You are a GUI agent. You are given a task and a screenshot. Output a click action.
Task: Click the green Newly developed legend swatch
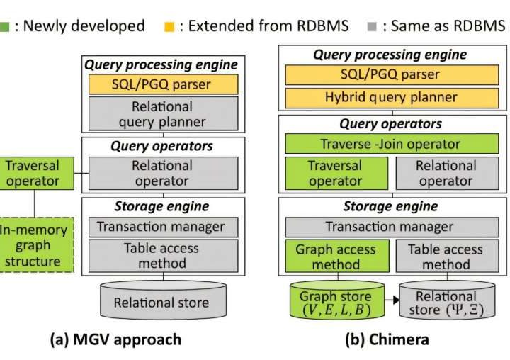pos(5,27)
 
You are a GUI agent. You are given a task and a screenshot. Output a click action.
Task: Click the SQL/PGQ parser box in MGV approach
pos(163,84)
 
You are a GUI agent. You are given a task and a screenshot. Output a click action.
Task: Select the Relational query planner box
pos(163,113)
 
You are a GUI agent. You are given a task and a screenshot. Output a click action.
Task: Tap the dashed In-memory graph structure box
pos(34,245)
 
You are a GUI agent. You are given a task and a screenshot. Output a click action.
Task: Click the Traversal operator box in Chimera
pos(336,174)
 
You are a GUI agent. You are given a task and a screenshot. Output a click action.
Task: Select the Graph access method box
pos(336,257)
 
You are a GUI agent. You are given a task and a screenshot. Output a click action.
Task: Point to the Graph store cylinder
pos(336,303)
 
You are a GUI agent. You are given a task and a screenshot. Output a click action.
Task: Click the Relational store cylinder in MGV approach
pos(162,302)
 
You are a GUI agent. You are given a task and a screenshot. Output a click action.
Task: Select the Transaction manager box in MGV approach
pos(163,227)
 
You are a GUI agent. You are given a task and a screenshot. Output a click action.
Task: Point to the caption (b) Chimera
pos(387,339)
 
